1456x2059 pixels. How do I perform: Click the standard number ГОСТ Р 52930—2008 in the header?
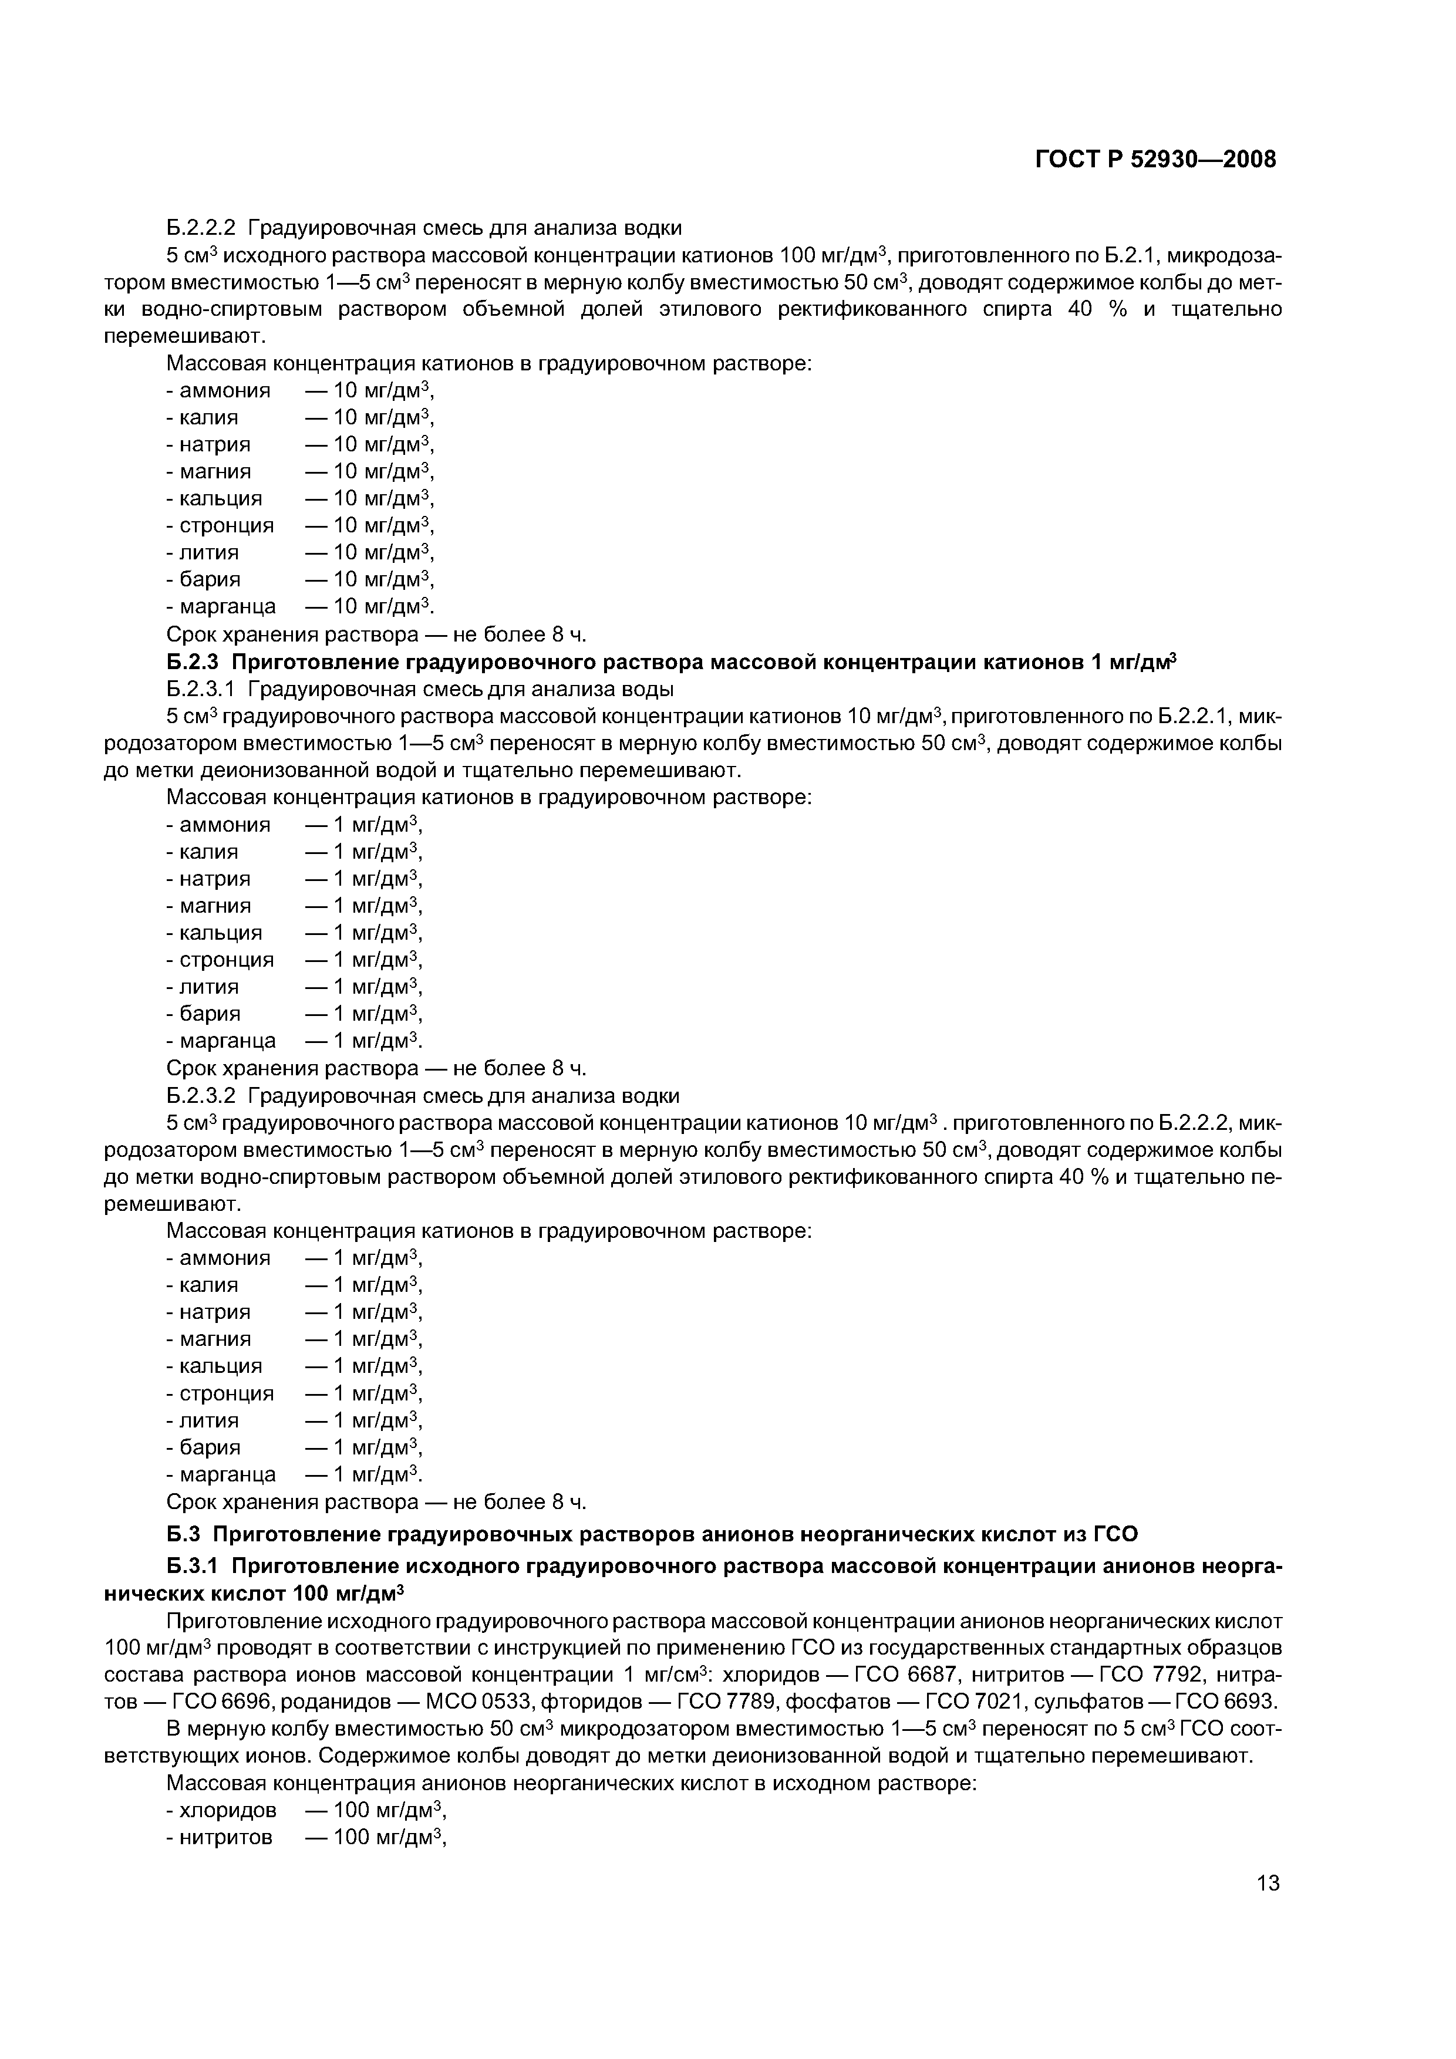(x=1155, y=160)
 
